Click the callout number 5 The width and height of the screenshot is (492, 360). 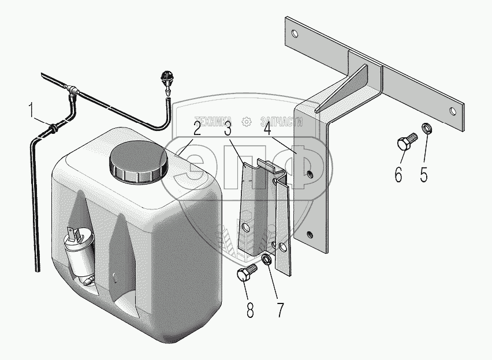point(424,174)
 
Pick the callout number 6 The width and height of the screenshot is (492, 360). point(398,174)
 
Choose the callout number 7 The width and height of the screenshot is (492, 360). point(280,310)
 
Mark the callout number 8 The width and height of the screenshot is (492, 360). point(250,310)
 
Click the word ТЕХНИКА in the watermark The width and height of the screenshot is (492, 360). point(211,121)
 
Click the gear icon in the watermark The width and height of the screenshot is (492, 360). point(247,121)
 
